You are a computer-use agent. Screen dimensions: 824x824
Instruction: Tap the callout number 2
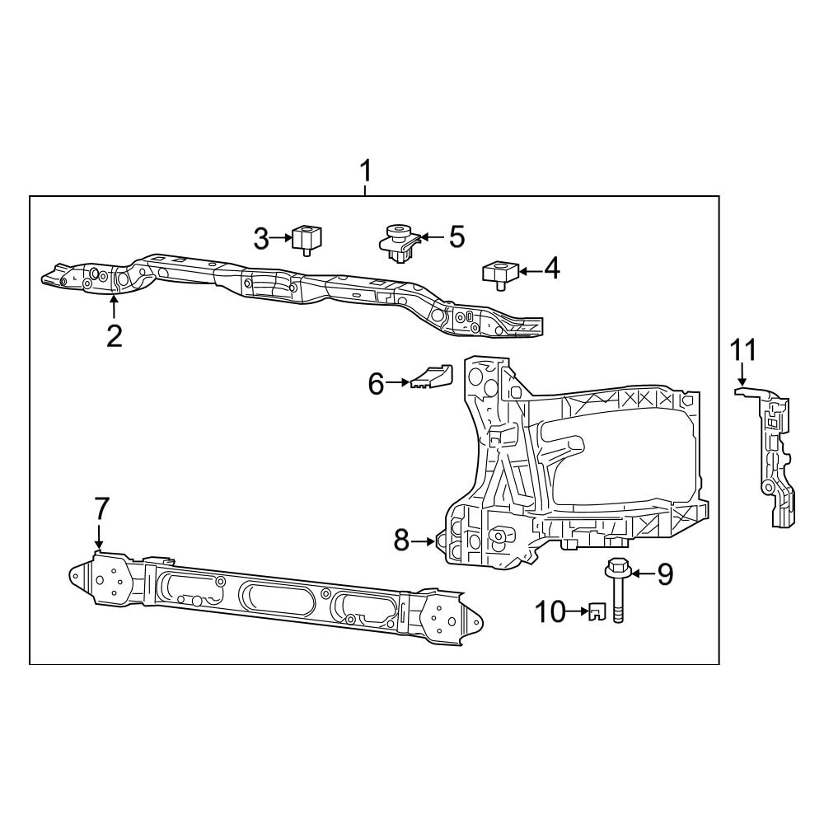[x=114, y=335]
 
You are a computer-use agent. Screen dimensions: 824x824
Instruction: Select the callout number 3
[x=261, y=240]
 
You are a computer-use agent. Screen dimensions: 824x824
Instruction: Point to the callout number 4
[x=550, y=269]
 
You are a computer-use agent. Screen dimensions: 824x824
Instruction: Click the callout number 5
[x=455, y=237]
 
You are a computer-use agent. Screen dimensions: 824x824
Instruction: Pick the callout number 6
[x=376, y=383]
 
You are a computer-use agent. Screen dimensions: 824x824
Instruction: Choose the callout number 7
[x=101, y=508]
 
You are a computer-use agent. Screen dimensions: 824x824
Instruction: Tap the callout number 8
[x=401, y=541]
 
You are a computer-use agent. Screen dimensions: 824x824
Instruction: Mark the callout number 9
[x=664, y=574]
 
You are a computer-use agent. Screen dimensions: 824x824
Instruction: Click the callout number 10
[x=549, y=611]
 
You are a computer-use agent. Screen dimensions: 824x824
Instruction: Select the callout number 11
[x=742, y=349]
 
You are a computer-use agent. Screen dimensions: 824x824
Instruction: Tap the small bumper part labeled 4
[x=498, y=272]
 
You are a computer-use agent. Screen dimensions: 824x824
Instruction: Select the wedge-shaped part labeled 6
[x=433, y=376]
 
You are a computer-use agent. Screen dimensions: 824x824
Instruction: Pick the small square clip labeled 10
[x=597, y=611]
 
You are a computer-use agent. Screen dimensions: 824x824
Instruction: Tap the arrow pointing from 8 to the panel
[x=425, y=541]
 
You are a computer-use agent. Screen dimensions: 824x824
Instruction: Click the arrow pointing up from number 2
[x=114, y=308]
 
